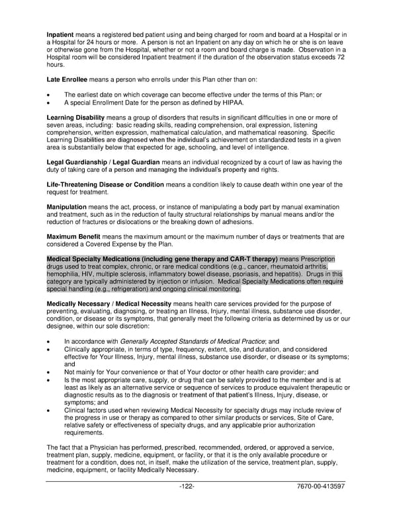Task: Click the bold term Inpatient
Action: click(60, 34)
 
